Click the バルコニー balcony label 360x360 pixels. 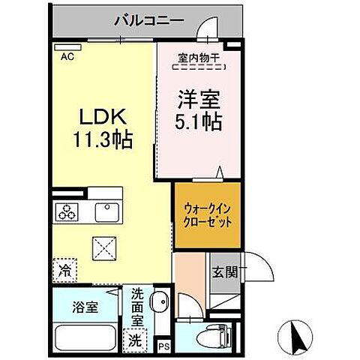coord(148,20)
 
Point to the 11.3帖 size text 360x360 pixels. coord(103,139)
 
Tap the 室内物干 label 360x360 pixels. coord(198,56)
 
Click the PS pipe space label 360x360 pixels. coord(164,346)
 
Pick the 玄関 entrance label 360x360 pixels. coord(223,272)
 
